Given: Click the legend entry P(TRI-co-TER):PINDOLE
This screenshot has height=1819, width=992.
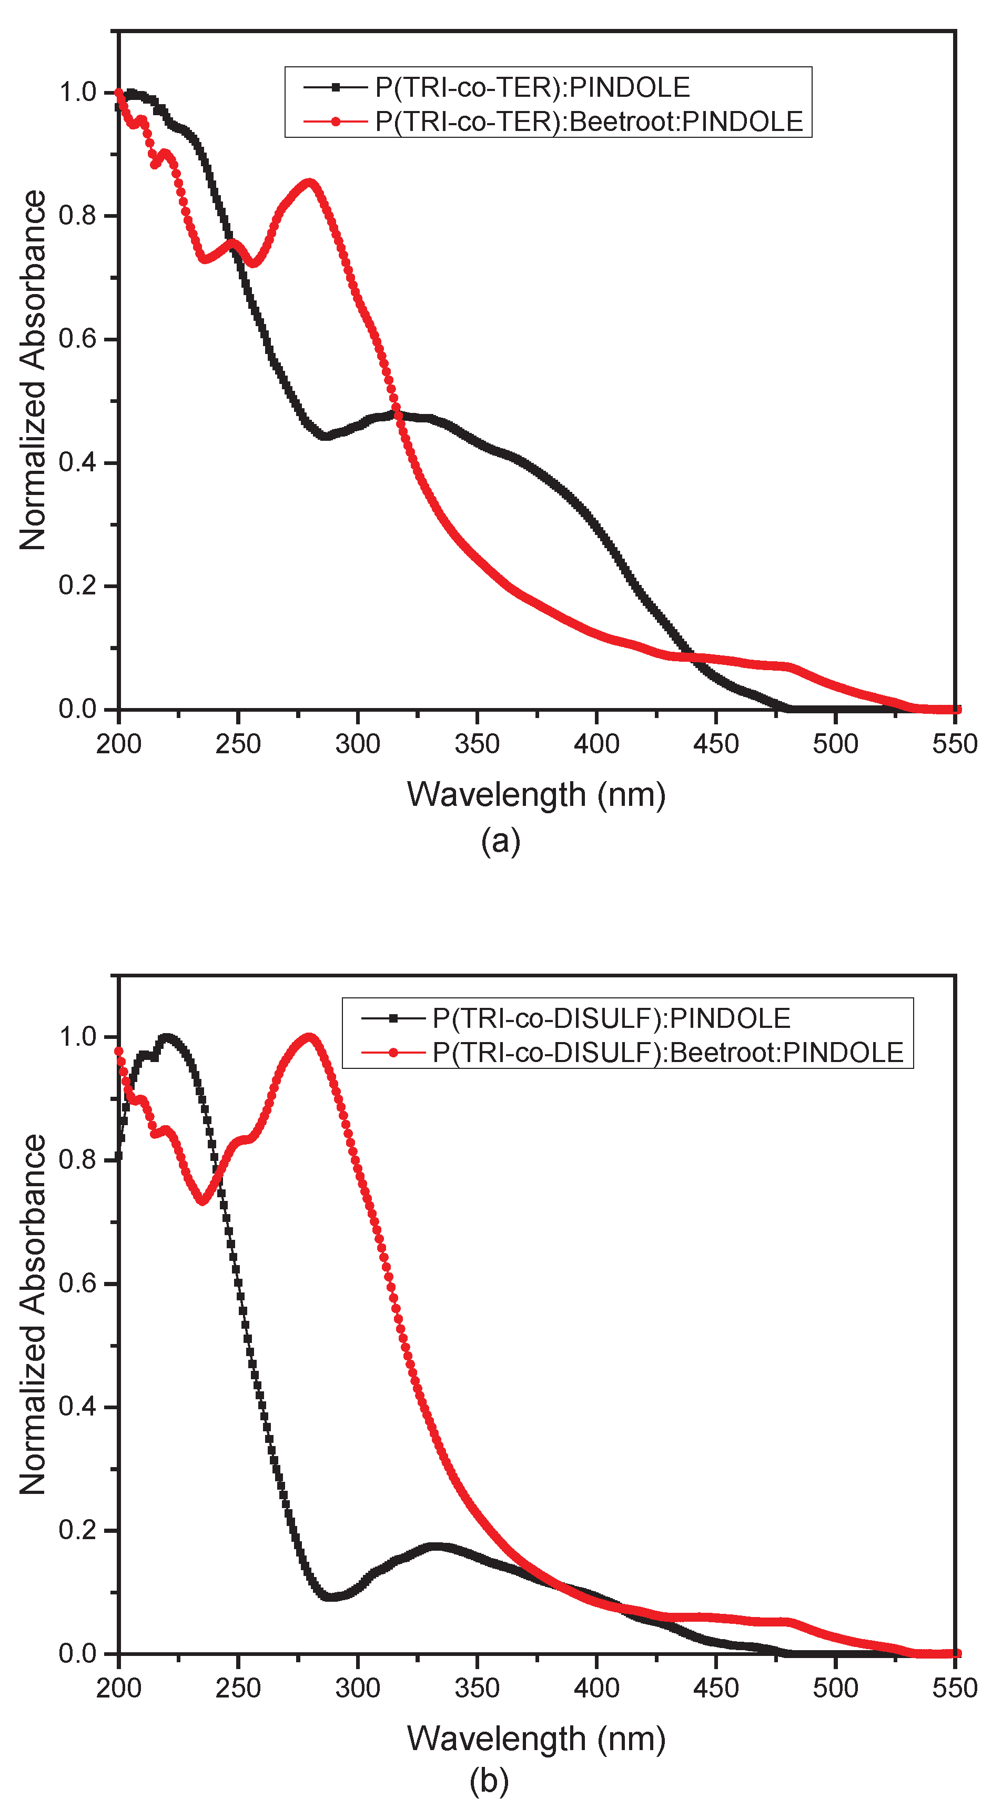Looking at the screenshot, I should click(532, 87).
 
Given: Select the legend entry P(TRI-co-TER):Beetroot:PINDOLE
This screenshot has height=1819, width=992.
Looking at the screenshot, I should click(588, 122).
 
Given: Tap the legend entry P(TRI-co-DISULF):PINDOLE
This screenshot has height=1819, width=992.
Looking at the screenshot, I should click(611, 1018).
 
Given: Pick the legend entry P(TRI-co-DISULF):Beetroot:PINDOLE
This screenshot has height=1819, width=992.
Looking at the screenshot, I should click(667, 1052).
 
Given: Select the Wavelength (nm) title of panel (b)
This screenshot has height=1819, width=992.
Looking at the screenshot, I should click(536, 1738).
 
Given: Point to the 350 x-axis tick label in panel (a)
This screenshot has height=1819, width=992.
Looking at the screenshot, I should click(477, 744).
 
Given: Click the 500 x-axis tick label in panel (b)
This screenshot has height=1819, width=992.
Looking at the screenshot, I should click(835, 1687).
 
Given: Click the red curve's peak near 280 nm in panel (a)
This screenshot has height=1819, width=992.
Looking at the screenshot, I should click(309, 183).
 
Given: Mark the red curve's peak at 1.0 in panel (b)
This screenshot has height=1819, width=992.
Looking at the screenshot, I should click(309, 1037).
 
